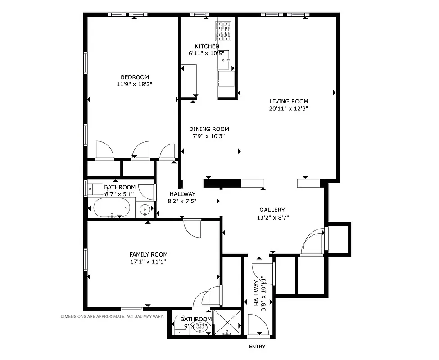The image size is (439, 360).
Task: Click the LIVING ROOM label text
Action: tap(289, 101)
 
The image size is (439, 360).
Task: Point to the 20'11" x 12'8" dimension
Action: tap(289, 108)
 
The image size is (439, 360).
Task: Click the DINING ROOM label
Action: tap(208, 129)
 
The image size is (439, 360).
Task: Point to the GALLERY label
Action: tap(272, 210)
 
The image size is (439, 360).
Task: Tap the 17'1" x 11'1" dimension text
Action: tap(149, 261)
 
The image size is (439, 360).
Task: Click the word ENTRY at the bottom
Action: tap(257, 346)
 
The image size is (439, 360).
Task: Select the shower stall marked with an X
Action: tap(228, 323)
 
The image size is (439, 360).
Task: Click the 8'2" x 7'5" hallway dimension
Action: tap(182, 201)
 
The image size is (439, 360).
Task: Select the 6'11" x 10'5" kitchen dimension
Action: tap(206, 54)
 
